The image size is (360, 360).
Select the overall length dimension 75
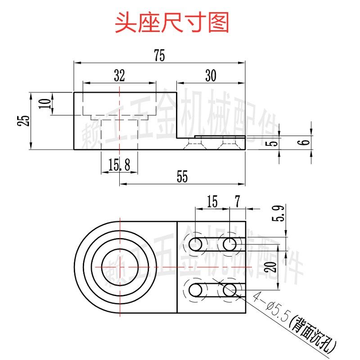[159, 56]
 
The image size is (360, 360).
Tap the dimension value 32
[119, 76]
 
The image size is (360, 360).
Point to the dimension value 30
[210, 76]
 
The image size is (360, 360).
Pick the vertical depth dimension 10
[44, 104]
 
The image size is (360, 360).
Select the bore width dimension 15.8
[119, 166]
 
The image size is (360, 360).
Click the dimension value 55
[182, 177]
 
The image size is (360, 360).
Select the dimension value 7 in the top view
[238, 201]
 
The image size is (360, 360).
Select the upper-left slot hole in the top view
[196, 244]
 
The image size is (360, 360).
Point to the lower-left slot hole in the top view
[196, 290]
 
